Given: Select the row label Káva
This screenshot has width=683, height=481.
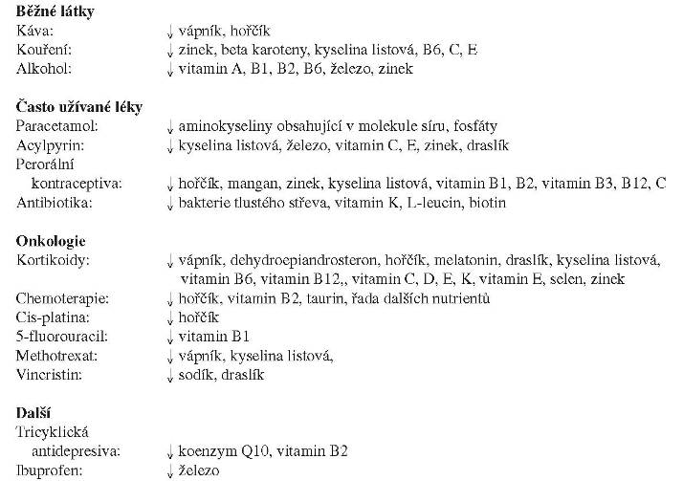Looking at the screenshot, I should tap(33, 32).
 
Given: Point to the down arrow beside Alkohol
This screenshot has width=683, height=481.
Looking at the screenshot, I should tap(170, 70).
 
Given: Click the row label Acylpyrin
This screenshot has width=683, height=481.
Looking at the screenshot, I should tap(47, 145).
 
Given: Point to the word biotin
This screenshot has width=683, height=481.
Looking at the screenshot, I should tap(485, 202).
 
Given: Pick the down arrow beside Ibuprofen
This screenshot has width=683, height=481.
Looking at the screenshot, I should tap(170, 470).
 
